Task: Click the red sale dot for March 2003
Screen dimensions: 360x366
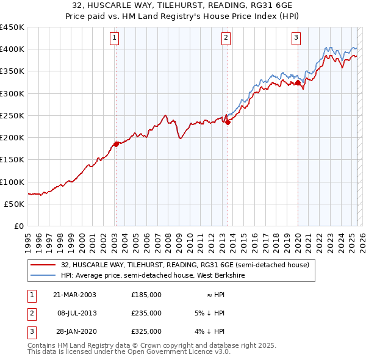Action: (x=116, y=144)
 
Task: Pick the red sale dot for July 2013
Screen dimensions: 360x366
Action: (x=228, y=122)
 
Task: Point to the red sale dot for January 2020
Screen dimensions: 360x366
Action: (x=298, y=82)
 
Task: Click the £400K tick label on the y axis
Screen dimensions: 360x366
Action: (x=12, y=49)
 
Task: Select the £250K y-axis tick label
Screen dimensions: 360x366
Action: (x=12, y=115)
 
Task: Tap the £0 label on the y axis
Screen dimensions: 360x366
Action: (x=18, y=226)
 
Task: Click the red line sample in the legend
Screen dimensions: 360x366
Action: (x=43, y=265)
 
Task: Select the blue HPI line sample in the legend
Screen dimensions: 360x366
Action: (x=43, y=275)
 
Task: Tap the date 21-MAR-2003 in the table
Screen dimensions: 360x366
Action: (x=74, y=295)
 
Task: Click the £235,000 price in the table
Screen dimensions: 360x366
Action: (x=146, y=313)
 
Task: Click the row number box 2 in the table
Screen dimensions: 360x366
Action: (x=30, y=313)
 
